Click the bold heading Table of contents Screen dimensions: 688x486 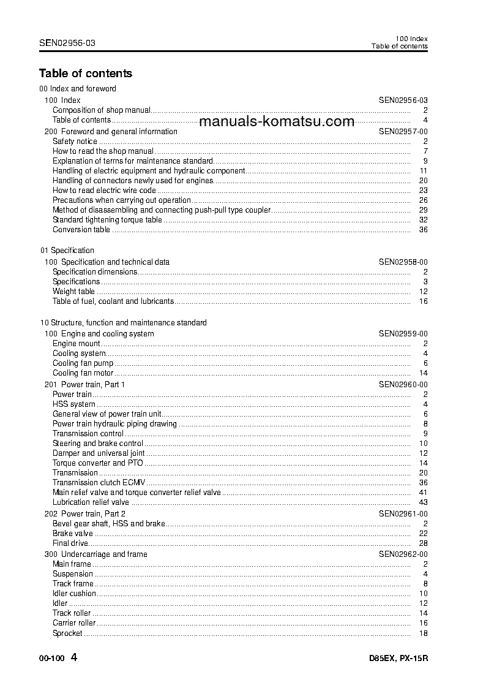(85, 74)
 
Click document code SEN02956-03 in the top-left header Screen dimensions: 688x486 (67, 43)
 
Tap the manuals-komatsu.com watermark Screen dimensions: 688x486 (277, 121)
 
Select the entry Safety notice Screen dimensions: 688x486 (75, 142)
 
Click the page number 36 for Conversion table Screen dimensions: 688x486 (423, 230)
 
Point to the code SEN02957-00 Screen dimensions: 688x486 (403, 132)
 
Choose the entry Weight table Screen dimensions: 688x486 (73, 292)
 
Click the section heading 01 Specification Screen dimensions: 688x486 (67, 251)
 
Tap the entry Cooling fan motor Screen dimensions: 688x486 (83, 373)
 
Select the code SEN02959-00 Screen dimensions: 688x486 (403, 334)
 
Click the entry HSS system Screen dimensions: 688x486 (73, 404)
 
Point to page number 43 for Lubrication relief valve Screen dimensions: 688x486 (423, 502)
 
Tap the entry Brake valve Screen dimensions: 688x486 (72, 534)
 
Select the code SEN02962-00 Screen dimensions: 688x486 (403, 554)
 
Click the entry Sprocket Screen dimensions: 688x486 (67, 633)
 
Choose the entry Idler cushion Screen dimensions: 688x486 (74, 594)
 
